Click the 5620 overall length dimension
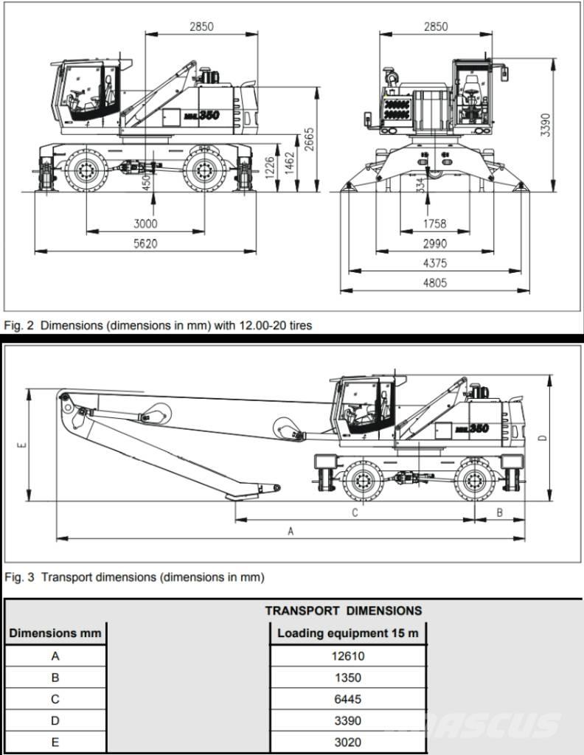click(146, 244)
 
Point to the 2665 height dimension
click(310, 140)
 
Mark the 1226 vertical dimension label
click(269, 167)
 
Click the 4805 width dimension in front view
click(435, 283)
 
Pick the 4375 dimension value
click(435, 263)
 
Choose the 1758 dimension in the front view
click(435, 224)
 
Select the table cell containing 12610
click(348, 656)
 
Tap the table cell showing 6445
click(348, 699)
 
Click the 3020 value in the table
click(348, 742)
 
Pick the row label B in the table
click(55, 678)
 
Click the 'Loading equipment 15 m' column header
click(348, 633)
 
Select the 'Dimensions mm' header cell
click(55, 633)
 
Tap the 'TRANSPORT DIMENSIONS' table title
click(344, 610)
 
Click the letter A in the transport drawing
click(291, 531)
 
